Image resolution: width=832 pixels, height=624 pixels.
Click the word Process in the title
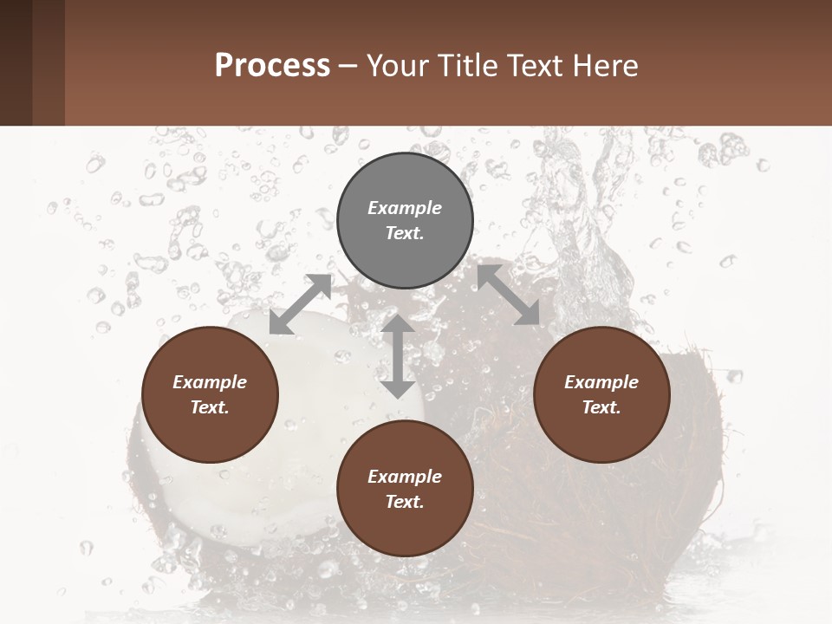pos(272,65)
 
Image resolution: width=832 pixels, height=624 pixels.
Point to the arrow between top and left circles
pos(300,304)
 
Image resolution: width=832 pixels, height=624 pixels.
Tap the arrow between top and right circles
pos(509,296)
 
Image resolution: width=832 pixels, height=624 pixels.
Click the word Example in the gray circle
pos(405,208)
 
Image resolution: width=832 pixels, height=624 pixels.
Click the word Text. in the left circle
pos(210,407)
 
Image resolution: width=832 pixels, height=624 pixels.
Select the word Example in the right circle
pos(601,382)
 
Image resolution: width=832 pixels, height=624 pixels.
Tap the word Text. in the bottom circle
pos(405,502)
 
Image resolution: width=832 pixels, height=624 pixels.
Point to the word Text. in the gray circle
pos(405,233)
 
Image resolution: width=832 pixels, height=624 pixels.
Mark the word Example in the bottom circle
pos(405,477)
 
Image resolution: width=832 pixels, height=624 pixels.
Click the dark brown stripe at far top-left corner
pos(16,62)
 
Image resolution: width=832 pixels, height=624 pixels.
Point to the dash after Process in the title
pos(348,66)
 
